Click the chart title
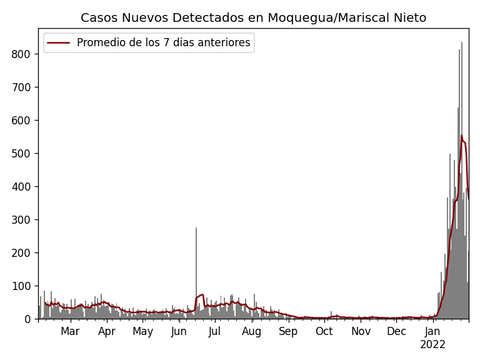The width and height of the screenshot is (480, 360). [x=253, y=18]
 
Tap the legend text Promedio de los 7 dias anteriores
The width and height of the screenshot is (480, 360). [x=163, y=43]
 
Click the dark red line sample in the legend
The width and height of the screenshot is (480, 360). [x=59, y=43]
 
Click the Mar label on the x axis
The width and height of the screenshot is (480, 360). [x=70, y=331]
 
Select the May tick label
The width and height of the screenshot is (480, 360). [x=142, y=331]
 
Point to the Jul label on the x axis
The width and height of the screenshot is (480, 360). [x=215, y=331]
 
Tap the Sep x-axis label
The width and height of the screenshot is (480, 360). [x=288, y=331]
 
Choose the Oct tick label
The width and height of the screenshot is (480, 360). [x=324, y=331]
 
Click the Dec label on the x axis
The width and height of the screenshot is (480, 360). [x=396, y=331]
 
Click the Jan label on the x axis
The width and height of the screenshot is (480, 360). [x=432, y=331]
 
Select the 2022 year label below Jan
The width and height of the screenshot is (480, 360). [x=432, y=344]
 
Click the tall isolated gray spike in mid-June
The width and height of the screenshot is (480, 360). [x=196, y=229]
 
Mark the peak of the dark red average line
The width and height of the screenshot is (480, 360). [x=462, y=136]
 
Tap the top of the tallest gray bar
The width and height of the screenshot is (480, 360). [x=462, y=43]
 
